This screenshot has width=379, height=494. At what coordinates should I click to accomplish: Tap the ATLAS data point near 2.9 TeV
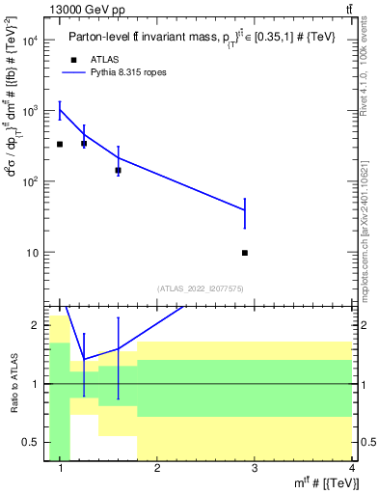tap(245, 253)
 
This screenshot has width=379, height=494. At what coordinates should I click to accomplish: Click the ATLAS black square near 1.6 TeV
tap(118, 170)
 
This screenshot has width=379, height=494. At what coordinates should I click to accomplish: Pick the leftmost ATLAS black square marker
tap(60, 144)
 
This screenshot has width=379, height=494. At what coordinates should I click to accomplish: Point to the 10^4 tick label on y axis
tap(31, 41)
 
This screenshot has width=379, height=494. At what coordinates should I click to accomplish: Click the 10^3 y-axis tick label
tap(31, 111)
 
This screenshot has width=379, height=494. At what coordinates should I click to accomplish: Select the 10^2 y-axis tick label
tap(31, 181)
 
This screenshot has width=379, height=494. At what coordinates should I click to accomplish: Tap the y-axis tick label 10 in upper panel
tap(34, 253)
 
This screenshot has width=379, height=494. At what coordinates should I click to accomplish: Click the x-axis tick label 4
tap(352, 469)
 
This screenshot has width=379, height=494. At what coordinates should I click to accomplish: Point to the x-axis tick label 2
tap(157, 469)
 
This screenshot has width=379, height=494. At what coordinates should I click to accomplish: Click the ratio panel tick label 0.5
tap(30, 442)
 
